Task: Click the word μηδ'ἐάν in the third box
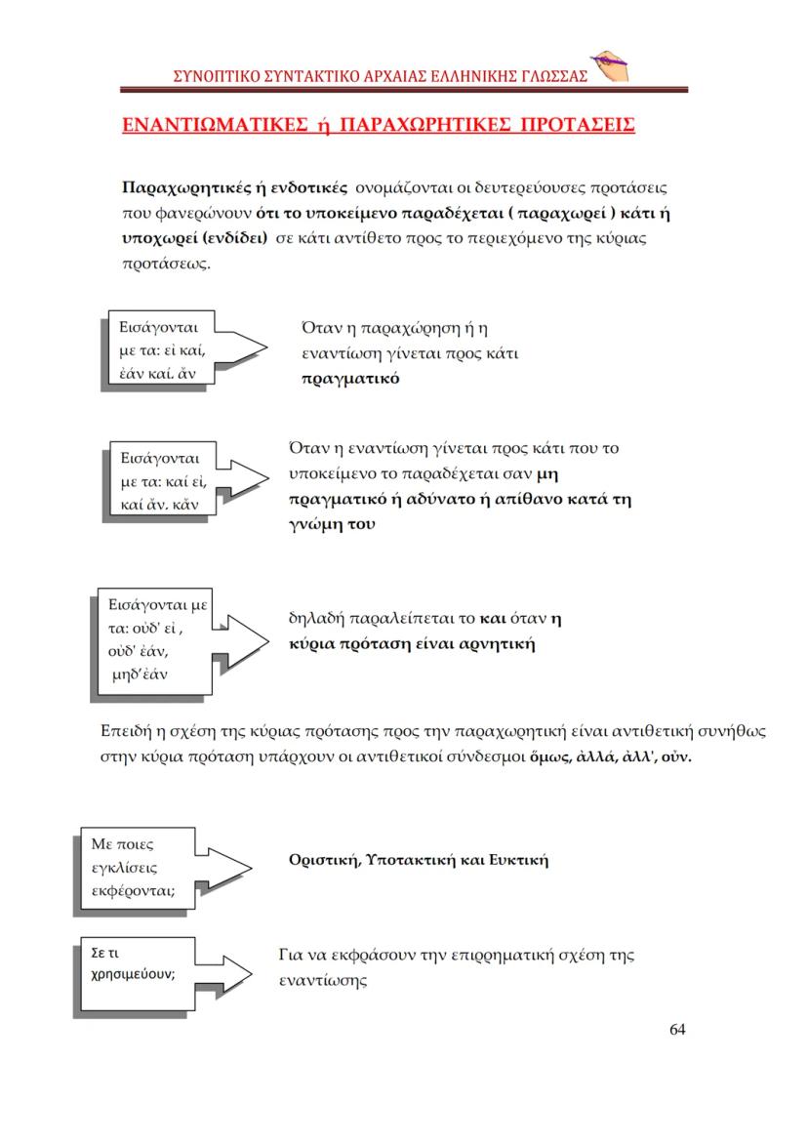coord(144,674)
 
